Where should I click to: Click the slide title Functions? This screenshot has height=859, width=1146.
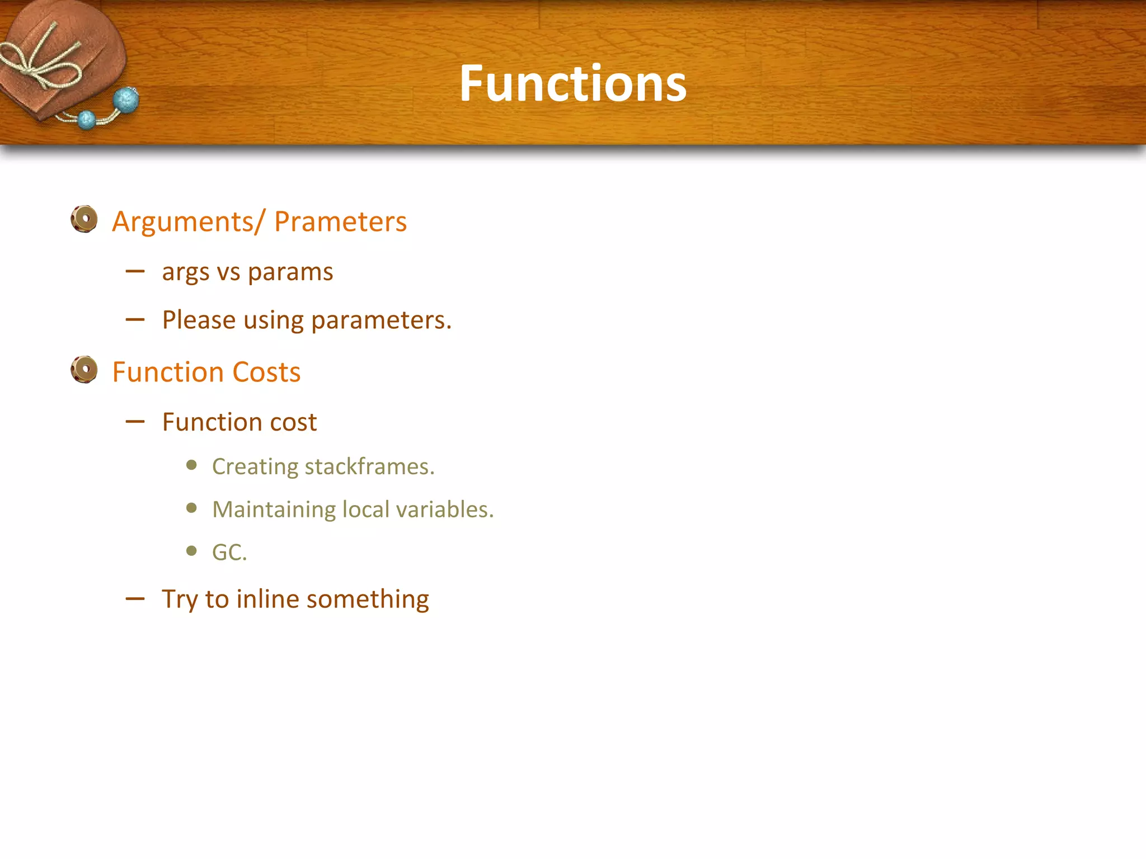[x=572, y=84]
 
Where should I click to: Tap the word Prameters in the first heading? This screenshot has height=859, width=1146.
[x=340, y=221]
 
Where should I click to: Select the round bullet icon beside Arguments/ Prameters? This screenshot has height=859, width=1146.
[x=84, y=219]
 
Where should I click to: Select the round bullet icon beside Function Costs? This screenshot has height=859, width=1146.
[x=84, y=370]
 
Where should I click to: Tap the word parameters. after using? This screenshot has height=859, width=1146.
[x=381, y=321]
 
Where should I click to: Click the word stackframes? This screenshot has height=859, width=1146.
[x=369, y=466]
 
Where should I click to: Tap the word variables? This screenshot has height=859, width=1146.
[x=445, y=509]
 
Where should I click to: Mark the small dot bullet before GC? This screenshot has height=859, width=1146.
[x=192, y=551]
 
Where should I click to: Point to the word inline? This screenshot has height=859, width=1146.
[x=267, y=599]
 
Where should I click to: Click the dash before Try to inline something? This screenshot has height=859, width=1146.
[x=135, y=599]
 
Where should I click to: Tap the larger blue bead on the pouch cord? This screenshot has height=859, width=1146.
[x=126, y=100]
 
